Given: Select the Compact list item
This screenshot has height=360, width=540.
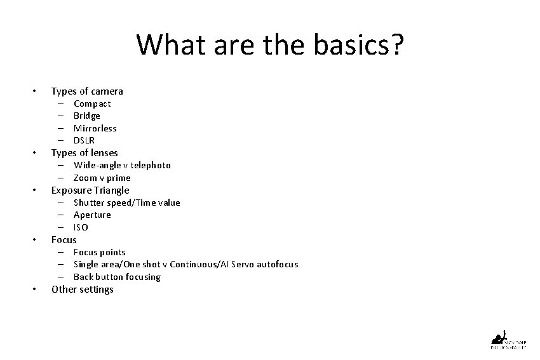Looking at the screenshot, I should [92, 103].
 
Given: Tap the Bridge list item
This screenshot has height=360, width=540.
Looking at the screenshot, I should [87, 116].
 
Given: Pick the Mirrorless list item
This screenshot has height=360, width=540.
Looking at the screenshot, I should [95, 128].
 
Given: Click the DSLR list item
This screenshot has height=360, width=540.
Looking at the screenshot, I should [84, 140].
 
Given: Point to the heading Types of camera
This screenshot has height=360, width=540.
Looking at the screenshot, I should [87, 91].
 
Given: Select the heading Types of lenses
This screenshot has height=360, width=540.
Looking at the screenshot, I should [84, 153].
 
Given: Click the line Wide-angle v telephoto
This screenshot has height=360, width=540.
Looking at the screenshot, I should [122, 165].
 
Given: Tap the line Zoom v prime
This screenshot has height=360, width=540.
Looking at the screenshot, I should [102, 178].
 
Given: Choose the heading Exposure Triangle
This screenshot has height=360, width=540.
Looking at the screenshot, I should [90, 190].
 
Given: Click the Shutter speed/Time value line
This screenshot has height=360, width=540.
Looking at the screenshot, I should [126, 203].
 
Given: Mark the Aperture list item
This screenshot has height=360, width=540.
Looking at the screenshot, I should [92, 215].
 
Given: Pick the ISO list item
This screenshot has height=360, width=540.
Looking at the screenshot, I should [81, 227].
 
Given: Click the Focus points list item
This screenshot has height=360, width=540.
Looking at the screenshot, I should [100, 252].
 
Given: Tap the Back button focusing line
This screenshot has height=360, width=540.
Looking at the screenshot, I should [117, 277].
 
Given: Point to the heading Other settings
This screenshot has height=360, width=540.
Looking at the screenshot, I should [83, 290].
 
